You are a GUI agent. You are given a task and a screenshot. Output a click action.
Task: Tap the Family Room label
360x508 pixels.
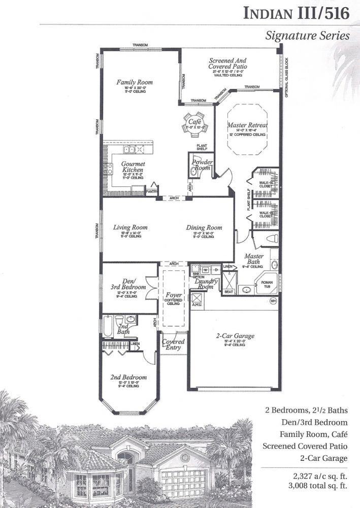[135, 82]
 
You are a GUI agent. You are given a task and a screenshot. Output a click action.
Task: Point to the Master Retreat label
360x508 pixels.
[247, 125]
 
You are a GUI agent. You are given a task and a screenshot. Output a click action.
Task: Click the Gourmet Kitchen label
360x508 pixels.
[133, 167]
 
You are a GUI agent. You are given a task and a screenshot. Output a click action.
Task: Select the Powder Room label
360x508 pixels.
[202, 165]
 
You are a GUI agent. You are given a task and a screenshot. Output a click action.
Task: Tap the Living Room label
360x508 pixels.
[130, 228]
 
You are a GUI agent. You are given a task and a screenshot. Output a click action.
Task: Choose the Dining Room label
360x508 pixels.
[204, 228]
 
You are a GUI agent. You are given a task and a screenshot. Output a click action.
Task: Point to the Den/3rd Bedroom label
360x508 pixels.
[124, 284]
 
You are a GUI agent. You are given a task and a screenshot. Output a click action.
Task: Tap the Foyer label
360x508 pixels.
[174, 295]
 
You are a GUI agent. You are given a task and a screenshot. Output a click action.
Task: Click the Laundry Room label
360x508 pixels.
[206, 284]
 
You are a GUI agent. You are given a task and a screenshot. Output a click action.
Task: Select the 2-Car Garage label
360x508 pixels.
[234, 336]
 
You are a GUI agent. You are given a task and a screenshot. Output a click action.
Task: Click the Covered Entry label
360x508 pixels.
[173, 345]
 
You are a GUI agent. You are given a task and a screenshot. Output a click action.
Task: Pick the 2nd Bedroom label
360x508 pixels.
[128, 377]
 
